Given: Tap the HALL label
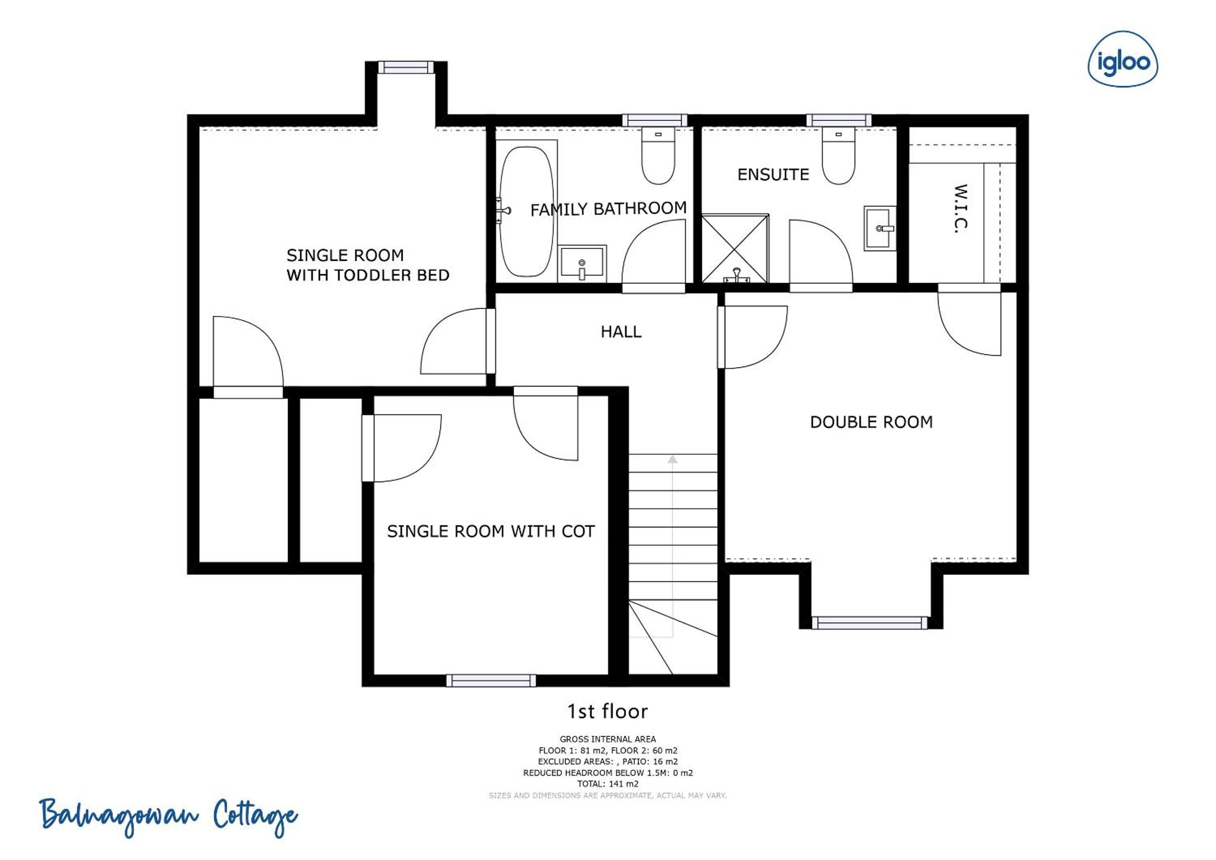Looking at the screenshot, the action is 621,332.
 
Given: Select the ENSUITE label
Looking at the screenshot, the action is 773,175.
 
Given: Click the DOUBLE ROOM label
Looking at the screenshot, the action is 871,422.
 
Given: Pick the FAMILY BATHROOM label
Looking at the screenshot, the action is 609,209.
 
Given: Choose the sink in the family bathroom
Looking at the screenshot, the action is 582,262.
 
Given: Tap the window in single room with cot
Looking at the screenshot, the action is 491,680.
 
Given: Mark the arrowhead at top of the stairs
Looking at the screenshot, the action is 672,459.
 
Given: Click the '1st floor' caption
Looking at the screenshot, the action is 607,712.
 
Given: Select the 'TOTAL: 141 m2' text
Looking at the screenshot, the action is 607,784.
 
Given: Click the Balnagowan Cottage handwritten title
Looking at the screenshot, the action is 168,817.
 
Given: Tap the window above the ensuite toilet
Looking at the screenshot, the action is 839,120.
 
